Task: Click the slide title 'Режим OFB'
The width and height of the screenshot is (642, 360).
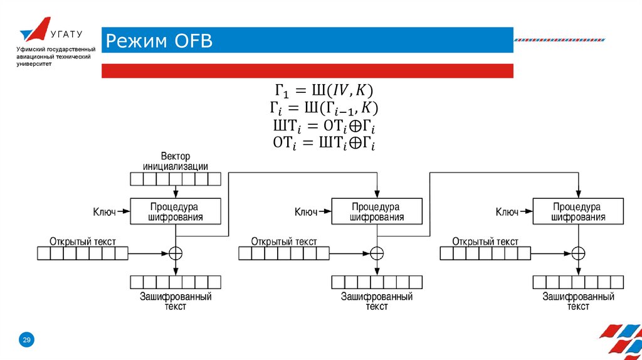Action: pyautogui.click(x=159, y=41)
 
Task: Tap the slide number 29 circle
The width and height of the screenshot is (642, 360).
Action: pyautogui.click(x=27, y=340)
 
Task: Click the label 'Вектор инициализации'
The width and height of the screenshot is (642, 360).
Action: pyautogui.click(x=176, y=161)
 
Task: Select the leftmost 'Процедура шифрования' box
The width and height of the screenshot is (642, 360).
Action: pyautogui.click(x=176, y=212)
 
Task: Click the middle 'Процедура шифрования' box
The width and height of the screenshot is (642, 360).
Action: pyautogui.click(x=376, y=212)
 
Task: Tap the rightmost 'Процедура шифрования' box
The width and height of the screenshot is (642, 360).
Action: pyautogui.click(x=577, y=212)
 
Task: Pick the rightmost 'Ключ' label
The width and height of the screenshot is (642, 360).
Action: pyautogui.click(x=507, y=212)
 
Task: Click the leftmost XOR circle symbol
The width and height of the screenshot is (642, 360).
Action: pyautogui.click(x=176, y=253)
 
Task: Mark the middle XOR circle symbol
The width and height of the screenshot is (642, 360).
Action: pyautogui.click(x=376, y=253)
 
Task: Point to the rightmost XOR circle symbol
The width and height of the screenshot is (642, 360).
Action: pyautogui.click(x=577, y=253)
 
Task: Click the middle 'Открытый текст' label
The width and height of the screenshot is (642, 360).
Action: pyautogui.click(x=284, y=241)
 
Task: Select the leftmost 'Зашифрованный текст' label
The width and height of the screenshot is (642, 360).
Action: pyautogui.click(x=176, y=300)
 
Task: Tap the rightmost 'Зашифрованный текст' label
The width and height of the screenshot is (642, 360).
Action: pyautogui.click(x=577, y=300)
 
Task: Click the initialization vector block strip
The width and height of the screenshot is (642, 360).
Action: pyautogui.click(x=176, y=179)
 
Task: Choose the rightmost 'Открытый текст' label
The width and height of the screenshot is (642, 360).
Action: pyautogui.click(x=485, y=241)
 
